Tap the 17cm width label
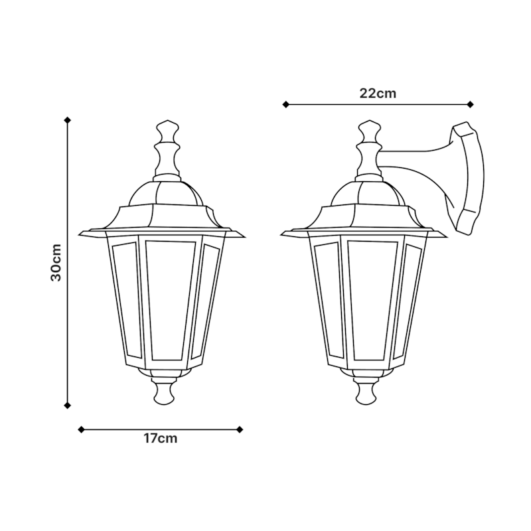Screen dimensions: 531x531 [x=160, y=439]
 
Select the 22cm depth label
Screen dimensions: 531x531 [x=378, y=94]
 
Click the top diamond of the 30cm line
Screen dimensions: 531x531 [x=68, y=119]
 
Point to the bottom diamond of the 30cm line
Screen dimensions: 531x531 [x=68, y=405]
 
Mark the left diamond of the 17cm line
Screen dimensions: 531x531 [x=81, y=429]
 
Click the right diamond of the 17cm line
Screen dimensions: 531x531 [x=240, y=429]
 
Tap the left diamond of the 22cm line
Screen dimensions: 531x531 [x=286, y=105]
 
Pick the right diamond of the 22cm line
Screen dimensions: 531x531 [x=470, y=105]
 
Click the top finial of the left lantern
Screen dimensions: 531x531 [x=167, y=149]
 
